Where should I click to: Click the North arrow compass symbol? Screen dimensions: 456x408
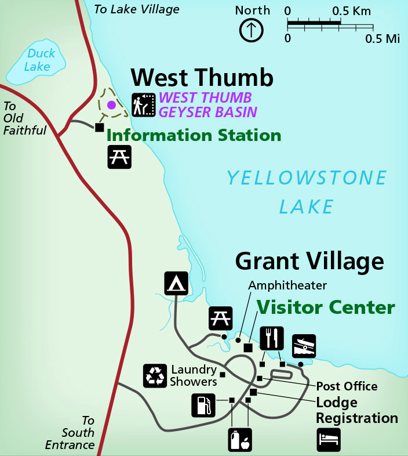pyautogui.click(x=252, y=30)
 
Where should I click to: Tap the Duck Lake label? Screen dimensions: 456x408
pyautogui.click(x=41, y=60)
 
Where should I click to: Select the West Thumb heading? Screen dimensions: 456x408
pyautogui.click(x=201, y=78)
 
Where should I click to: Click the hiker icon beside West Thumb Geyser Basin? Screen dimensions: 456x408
pyautogui.click(x=143, y=105)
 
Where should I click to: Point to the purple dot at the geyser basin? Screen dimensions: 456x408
pyautogui.click(x=111, y=105)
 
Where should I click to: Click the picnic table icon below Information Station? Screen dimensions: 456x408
pyautogui.click(x=119, y=157)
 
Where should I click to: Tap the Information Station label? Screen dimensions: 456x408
pyautogui.click(x=194, y=136)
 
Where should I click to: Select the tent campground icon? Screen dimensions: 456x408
pyautogui.click(x=176, y=283)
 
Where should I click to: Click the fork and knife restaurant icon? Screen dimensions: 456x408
pyautogui.click(x=272, y=338)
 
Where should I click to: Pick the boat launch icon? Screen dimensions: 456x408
pyautogui.click(x=304, y=346)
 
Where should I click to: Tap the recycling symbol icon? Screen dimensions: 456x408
pyautogui.click(x=155, y=375)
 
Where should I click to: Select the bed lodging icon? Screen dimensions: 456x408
pyautogui.click(x=329, y=439)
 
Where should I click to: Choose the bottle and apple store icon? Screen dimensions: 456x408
pyautogui.click(x=240, y=439)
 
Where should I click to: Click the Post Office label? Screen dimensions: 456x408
pyautogui.click(x=347, y=386)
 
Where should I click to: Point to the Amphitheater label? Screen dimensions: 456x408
pyautogui.click(x=287, y=285)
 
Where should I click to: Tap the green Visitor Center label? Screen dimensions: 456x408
pyautogui.click(x=326, y=307)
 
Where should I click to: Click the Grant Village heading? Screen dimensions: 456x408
pyautogui.click(x=309, y=262)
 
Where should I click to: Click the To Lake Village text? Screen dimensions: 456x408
pyautogui.click(x=137, y=9)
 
